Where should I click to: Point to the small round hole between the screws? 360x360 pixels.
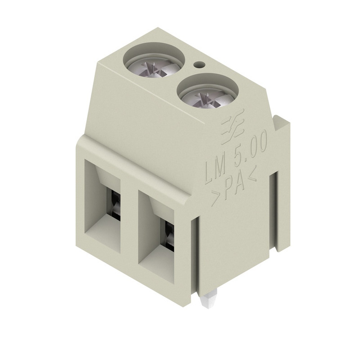[198, 65]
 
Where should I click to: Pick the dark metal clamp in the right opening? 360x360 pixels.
[168, 234]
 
